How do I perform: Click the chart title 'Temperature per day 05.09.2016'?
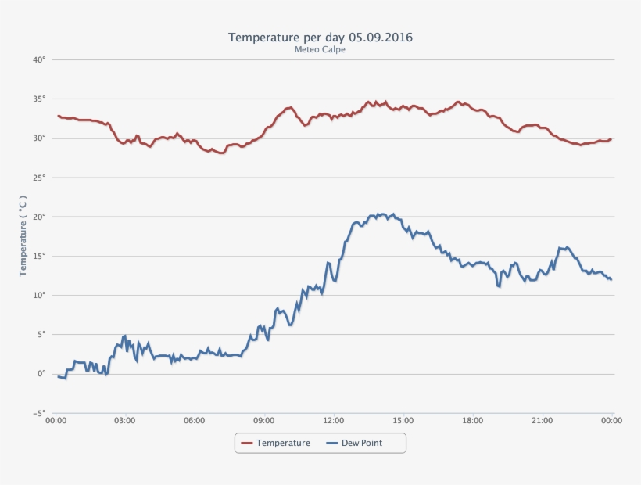pos(320,37)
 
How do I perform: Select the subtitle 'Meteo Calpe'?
pos(320,49)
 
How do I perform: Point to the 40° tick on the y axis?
pos(39,59)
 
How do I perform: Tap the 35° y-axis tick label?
pos(39,99)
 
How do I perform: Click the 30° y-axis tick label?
pos(39,138)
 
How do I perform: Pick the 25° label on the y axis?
pos(39,178)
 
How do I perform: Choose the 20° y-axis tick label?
pos(39,217)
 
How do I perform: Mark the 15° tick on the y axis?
pos(39,256)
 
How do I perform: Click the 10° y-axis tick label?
pos(39,295)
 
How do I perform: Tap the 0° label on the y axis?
pos(41,374)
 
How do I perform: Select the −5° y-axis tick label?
pos(38,413)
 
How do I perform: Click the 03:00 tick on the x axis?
pos(125,420)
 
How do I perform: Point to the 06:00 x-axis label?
pos(195,420)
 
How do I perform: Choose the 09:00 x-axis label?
pos(264,420)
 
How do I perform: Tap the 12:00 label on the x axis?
pos(334,420)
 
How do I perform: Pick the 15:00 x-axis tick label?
pos(403,420)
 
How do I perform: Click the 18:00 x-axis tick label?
pos(473,420)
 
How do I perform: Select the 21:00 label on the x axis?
pos(543,420)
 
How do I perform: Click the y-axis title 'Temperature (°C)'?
pos(23,235)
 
